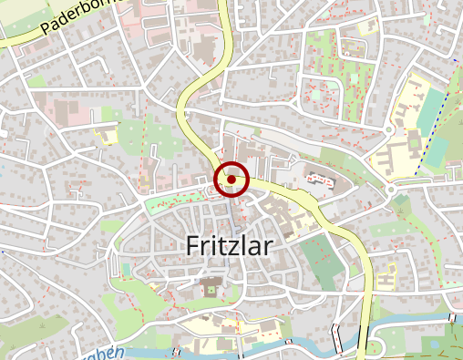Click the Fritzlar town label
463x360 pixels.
(230, 244)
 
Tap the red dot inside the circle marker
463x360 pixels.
(231, 180)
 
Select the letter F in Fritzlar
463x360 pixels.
(192, 244)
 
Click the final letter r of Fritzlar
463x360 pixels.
(271, 245)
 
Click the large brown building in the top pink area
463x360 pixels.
(202, 41)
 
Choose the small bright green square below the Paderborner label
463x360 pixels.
(36, 81)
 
